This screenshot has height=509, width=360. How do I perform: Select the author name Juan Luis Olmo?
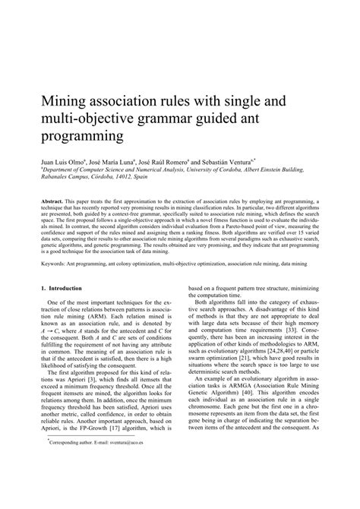click(x=55, y=163)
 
